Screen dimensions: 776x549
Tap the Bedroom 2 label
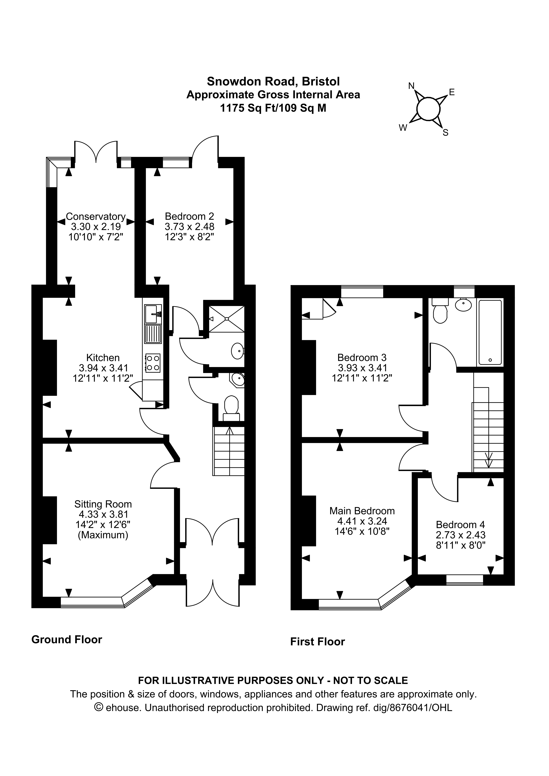coord(189,216)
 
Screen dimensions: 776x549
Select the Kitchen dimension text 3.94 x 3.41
coord(103,368)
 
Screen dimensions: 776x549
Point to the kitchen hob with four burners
coord(153,363)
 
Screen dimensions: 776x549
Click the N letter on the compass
coord(411,86)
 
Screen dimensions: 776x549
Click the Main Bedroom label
coord(362,511)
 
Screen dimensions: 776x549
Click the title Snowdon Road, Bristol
coord(273,81)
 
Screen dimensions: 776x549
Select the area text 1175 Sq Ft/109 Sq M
coord(273,108)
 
